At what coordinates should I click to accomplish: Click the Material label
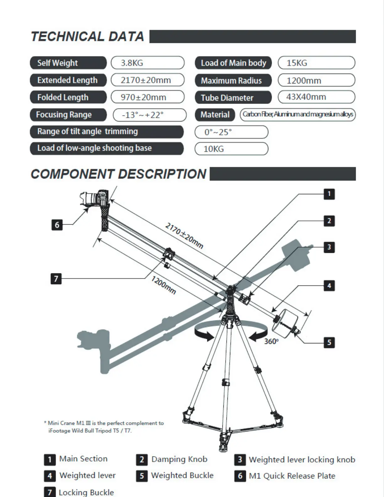point(215,115)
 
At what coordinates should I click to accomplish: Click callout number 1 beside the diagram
point(329,194)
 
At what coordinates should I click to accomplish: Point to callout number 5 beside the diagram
point(329,342)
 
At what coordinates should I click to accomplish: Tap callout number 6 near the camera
point(57,225)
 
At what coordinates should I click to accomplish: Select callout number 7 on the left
point(56,278)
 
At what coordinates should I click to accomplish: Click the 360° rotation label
point(271,341)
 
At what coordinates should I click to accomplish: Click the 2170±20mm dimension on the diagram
point(184,236)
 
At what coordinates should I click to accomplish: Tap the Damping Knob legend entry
point(179,459)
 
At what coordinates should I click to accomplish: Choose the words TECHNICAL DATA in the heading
point(88,36)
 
